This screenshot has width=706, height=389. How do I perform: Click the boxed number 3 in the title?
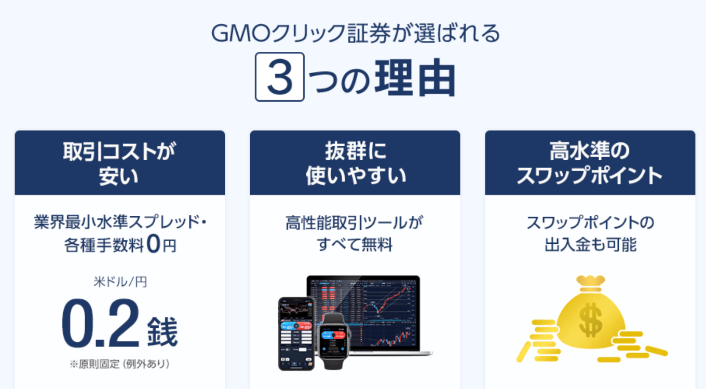(280, 77)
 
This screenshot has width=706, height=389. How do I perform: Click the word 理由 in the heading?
(415, 77)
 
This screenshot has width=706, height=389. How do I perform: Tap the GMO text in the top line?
(240, 33)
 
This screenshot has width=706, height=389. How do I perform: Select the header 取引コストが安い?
(119, 163)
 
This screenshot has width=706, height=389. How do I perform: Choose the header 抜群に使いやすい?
(355, 163)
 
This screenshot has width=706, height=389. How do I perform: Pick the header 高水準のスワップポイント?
(590, 163)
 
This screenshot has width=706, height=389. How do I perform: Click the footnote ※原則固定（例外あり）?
(120, 364)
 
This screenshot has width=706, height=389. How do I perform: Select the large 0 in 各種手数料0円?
(154, 244)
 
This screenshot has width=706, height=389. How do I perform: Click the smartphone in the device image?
(296, 334)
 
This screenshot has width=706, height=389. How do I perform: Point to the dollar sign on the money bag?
(590, 319)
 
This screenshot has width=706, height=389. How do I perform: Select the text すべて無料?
(355, 244)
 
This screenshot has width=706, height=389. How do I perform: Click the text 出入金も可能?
(590, 244)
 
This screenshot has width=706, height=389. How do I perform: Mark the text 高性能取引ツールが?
(355, 223)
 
